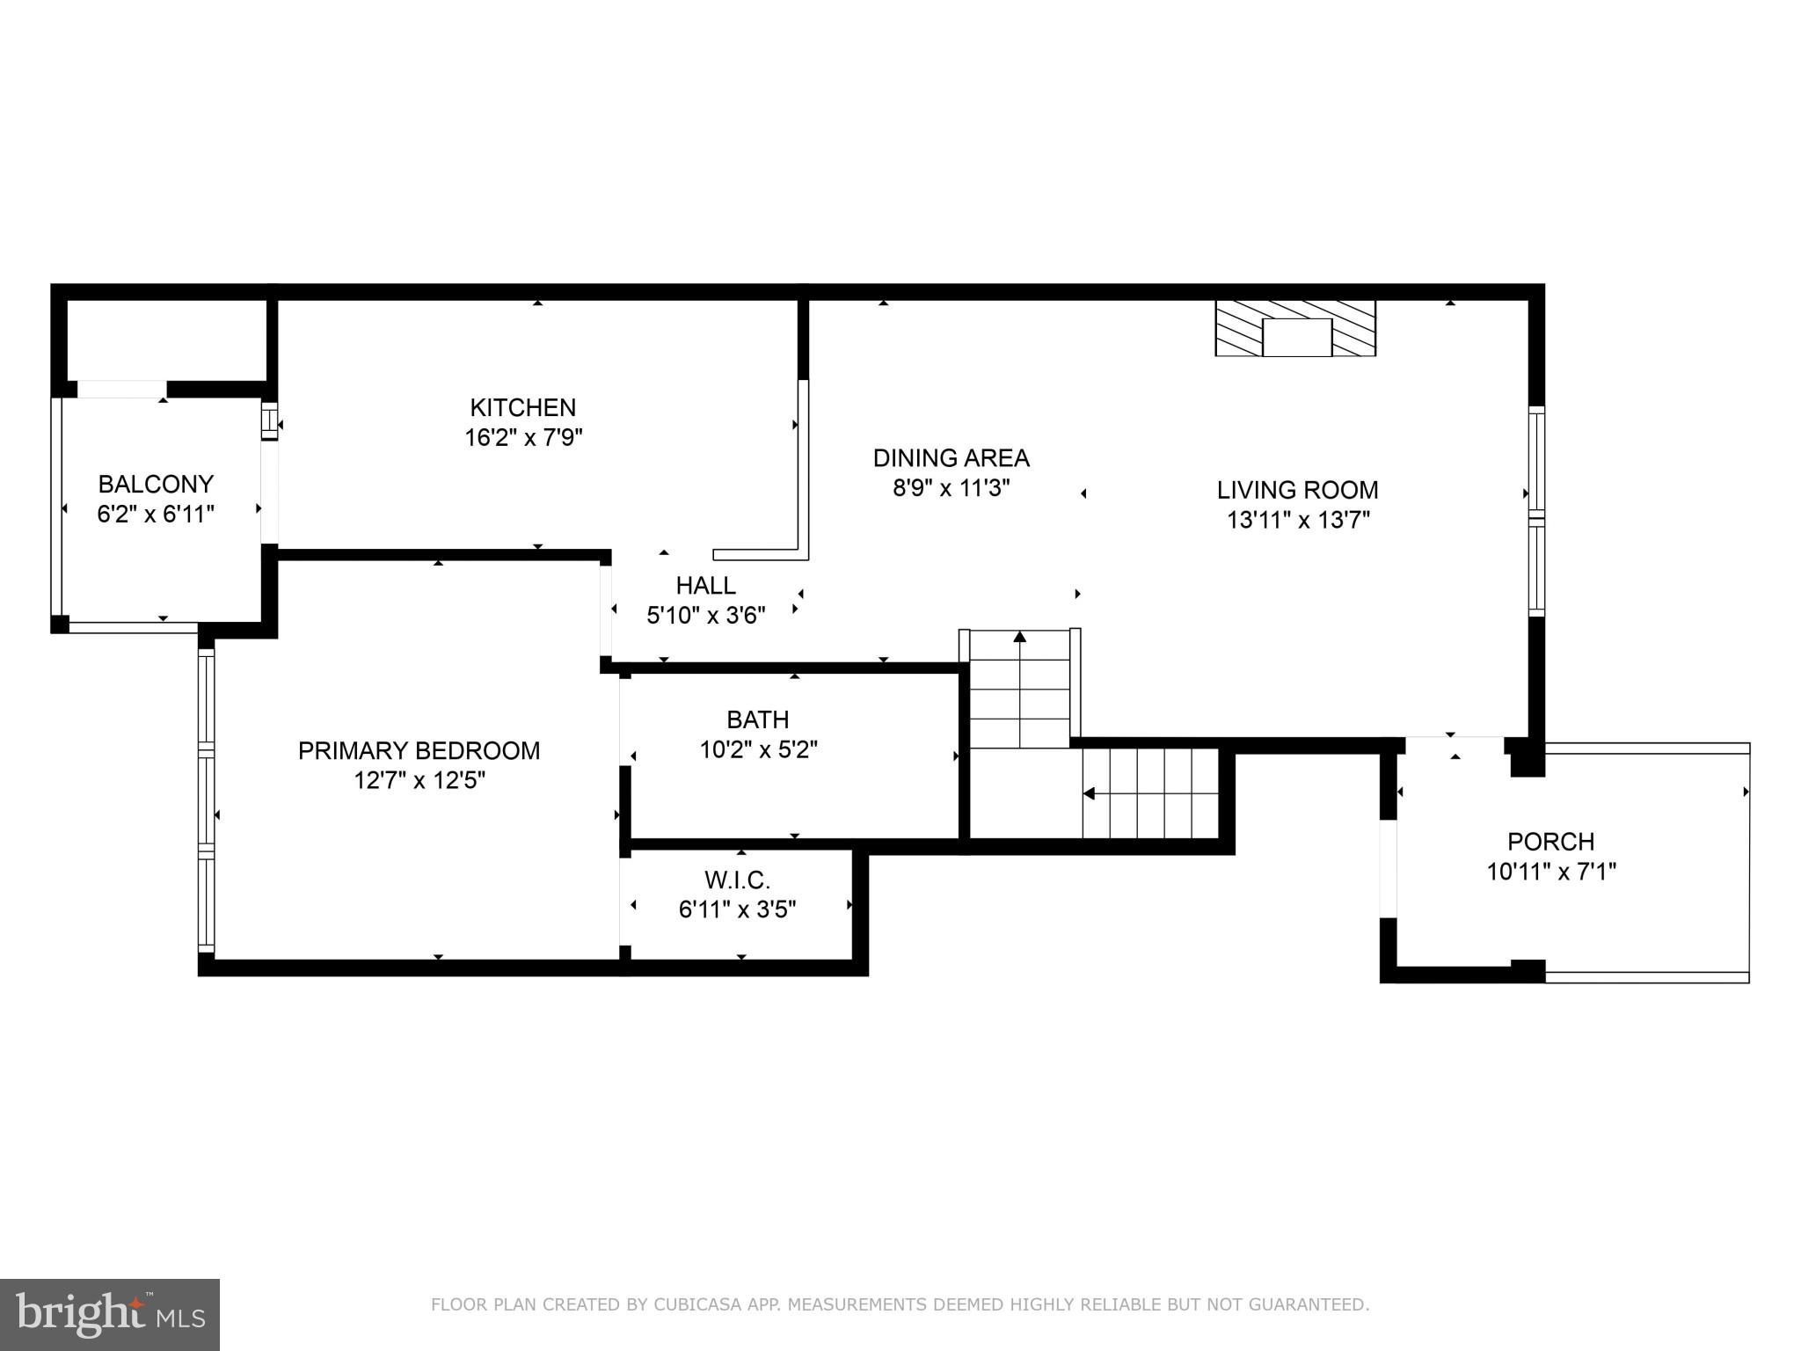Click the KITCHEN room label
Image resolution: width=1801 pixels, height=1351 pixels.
coord(522,407)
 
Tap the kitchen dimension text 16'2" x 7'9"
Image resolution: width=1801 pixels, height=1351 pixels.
coord(523,437)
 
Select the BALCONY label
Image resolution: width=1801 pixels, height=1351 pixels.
coord(156,484)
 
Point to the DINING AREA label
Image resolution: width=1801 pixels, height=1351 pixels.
coord(951,457)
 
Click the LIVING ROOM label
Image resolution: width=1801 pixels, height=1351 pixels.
coord(1297,490)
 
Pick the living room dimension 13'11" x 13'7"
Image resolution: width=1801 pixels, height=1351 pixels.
coord(1298,520)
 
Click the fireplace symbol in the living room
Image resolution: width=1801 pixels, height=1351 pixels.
coord(1295,328)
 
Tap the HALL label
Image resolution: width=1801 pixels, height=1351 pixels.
coord(705,585)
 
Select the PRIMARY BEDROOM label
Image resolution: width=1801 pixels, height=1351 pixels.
coord(419,750)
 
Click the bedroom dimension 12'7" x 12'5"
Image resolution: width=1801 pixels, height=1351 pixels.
coord(419,780)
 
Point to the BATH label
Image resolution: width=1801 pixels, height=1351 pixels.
coord(757,719)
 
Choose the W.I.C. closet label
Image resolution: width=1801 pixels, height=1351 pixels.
coord(737,880)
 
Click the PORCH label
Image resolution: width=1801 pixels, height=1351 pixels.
coord(1550,842)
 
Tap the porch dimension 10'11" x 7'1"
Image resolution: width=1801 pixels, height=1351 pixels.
coord(1551,872)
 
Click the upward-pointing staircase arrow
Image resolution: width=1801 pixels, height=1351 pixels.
coord(1019,636)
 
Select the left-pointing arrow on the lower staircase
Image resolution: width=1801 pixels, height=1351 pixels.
coord(1089,793)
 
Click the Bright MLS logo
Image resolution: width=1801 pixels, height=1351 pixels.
coord(110,1314)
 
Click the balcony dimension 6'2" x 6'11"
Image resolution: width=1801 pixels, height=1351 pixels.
coord(156,514)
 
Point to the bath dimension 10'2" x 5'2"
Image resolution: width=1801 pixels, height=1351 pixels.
coord(758,749)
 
